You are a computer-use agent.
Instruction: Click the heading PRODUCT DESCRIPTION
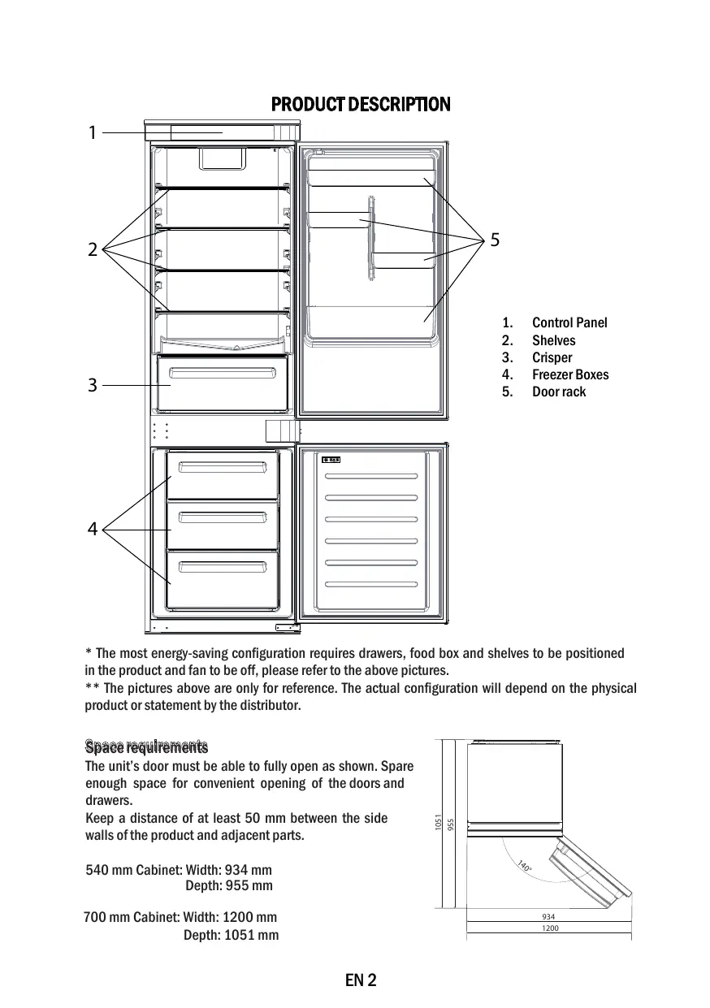click(360, 105)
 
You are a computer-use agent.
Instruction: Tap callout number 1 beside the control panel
click(93, 132)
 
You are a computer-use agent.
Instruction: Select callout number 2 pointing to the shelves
click(93, 249)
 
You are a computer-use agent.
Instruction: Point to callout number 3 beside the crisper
click(93, 386)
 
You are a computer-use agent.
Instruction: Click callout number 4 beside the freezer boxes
click(93, 530)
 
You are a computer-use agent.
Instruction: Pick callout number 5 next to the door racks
click(495, 240)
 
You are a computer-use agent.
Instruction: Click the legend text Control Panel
click(569, 323)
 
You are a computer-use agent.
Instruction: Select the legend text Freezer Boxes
click(570, 374)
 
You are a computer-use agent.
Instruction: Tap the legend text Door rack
click(559, 392)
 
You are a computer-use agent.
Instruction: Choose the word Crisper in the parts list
click(552, 357)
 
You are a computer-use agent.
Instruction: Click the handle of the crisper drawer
click(222, 373)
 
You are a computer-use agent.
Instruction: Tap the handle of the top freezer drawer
click(223, 467)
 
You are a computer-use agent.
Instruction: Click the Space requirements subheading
click(146, 746)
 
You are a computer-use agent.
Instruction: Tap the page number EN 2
click(361, 980)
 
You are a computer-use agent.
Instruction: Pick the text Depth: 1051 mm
click(231, 935)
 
